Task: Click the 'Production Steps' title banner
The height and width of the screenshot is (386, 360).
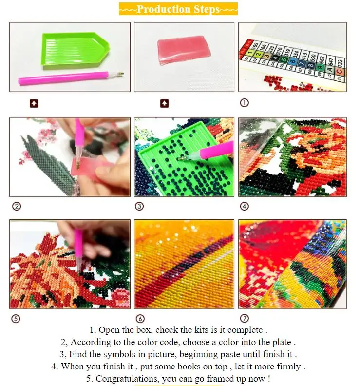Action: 178,9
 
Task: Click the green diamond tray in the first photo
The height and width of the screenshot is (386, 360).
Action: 75,51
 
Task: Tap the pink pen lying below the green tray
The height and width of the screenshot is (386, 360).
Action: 71,77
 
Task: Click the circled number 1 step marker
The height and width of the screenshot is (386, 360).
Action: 245,103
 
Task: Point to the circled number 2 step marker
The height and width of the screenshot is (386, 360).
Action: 17,206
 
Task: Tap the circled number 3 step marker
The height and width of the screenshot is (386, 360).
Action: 139,206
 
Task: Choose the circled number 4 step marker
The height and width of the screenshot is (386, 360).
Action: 245,206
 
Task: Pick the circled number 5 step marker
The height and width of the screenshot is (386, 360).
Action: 16,319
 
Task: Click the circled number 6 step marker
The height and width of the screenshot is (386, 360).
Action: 140,319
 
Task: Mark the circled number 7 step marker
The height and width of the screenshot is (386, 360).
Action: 245,318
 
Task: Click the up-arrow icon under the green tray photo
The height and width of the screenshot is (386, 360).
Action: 34,103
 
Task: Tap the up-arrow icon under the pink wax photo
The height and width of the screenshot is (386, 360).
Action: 164,103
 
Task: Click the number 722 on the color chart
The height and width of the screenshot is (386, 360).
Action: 341,63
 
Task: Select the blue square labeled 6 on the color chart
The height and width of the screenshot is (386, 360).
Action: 293,61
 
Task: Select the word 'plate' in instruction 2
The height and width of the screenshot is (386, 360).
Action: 282,342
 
